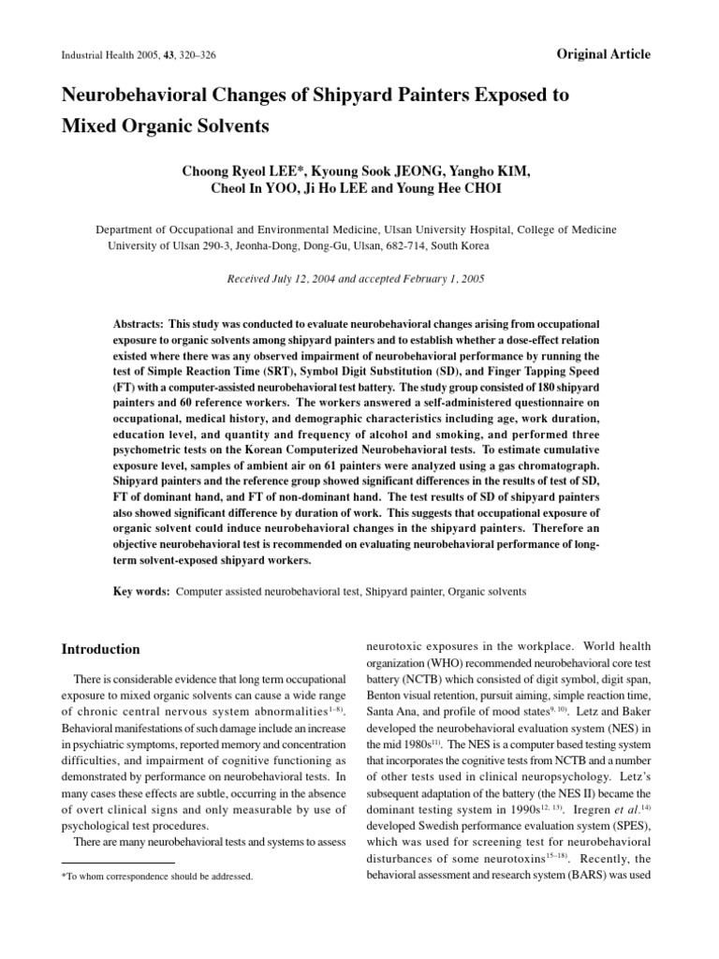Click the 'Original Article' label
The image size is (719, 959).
coord(602,54)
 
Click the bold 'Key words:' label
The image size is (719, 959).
coord(140,592)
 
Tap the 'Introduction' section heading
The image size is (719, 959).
coord(100,649)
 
